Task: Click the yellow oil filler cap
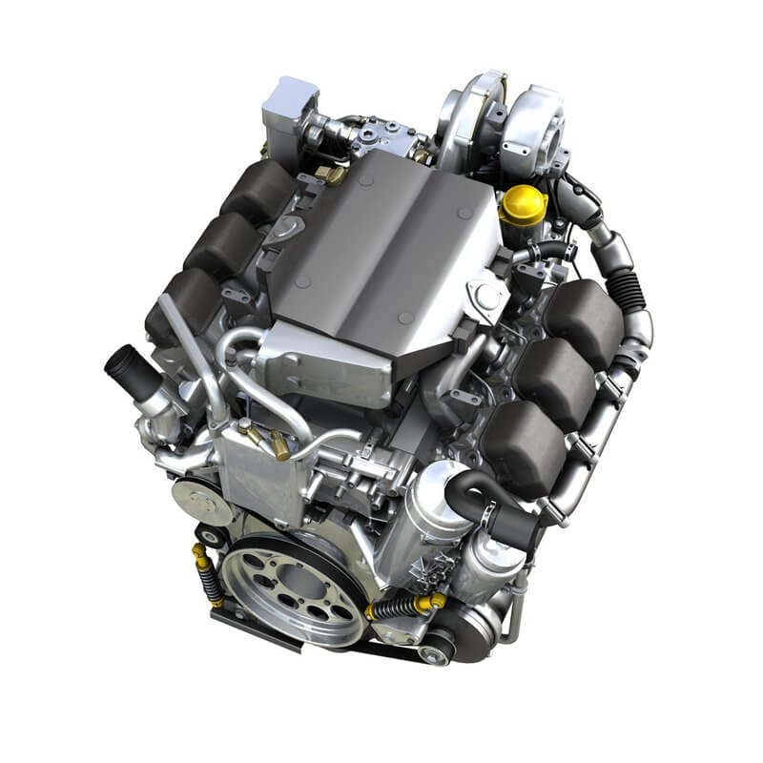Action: coord(524,202)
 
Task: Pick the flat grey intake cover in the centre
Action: coord(381,248)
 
